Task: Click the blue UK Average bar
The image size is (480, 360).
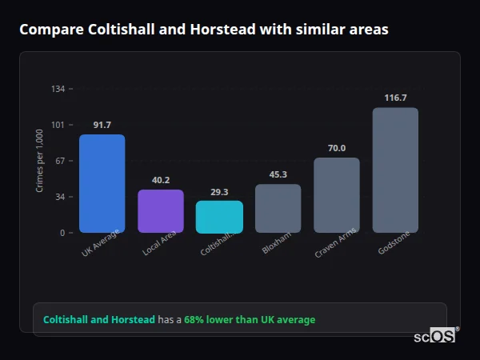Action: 102,183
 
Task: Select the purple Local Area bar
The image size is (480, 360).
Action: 161,211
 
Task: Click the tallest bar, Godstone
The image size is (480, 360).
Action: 395,170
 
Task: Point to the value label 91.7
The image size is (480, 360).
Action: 102,125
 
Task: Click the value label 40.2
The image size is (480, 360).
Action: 161,180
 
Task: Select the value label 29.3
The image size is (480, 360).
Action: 219,192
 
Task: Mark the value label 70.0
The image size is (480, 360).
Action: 337,148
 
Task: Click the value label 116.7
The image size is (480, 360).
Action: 395,98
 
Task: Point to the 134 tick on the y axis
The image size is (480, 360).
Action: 58,89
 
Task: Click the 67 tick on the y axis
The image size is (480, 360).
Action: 61,161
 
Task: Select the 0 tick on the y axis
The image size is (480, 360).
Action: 63,233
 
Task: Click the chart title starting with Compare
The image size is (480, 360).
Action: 204,30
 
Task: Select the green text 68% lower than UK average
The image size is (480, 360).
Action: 250,320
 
